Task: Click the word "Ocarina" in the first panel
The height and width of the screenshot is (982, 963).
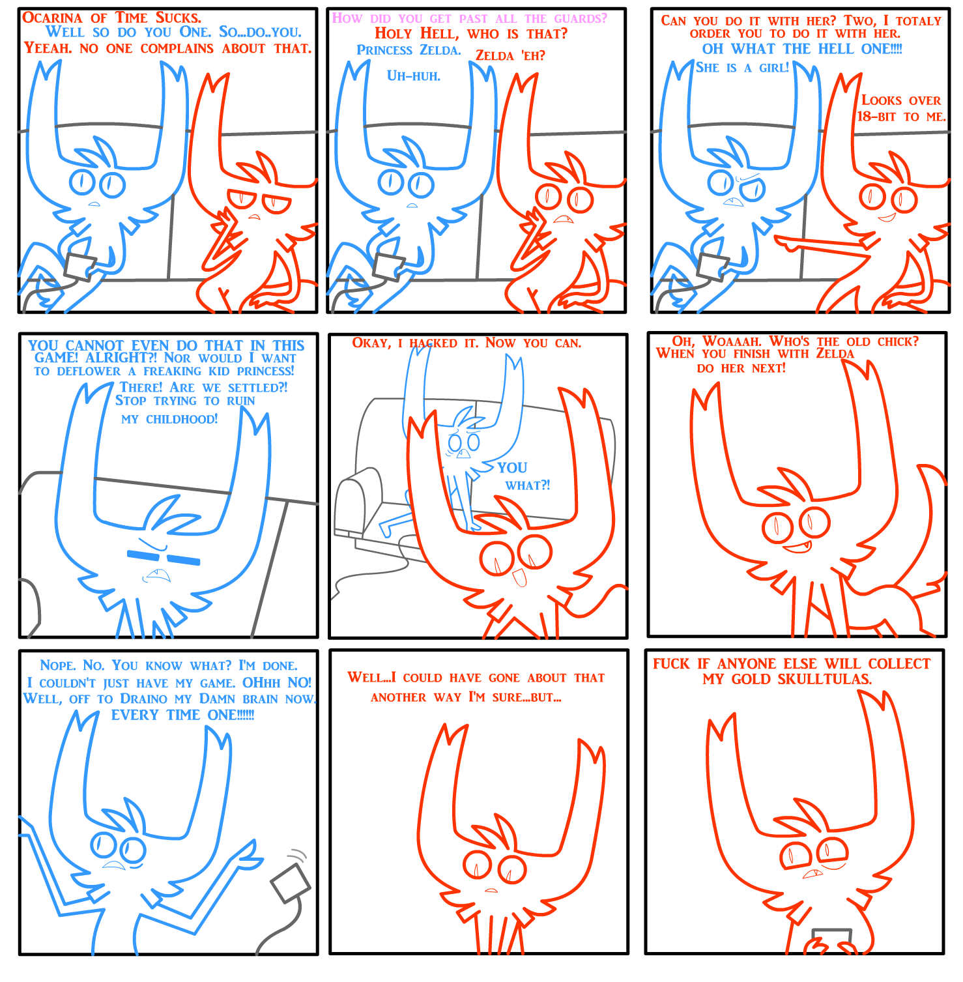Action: (x=53, y=18)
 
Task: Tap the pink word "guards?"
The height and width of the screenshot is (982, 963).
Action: (x=581, y=19)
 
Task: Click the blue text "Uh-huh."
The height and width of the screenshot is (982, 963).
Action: (x=414, y=76)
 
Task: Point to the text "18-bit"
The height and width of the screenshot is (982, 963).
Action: (x=876, y=117)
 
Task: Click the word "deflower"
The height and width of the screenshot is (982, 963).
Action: (x=89, y=371)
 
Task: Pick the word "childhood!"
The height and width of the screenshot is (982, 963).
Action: (x=182, y=419)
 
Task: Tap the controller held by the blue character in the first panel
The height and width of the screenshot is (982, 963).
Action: (x=81, y=267)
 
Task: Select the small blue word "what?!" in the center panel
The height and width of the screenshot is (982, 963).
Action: (x=528, y=485)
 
